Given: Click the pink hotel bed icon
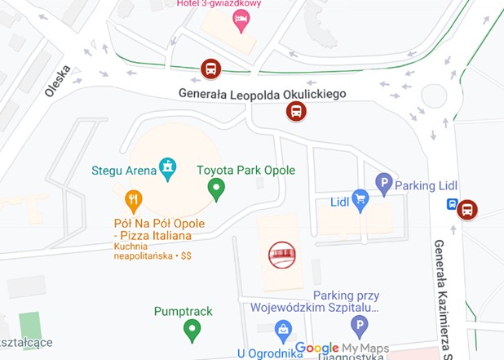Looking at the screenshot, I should point(241,20).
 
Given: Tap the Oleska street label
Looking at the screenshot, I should point(58,81).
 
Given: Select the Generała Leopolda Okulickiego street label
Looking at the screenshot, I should point(263,94).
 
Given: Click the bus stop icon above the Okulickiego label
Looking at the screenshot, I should point(210,69).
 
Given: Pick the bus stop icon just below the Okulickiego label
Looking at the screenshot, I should point(295,111).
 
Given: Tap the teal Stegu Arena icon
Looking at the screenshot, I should point(168,169).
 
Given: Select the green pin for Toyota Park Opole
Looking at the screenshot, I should point(216,190).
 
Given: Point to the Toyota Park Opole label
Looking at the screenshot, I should point(245,171).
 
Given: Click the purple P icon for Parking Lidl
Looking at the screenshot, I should point(382,184).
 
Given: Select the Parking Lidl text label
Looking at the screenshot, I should point(426,185).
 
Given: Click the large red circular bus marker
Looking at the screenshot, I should point(283,256).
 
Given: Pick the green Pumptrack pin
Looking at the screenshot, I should point(192,330).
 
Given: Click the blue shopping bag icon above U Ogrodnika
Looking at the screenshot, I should point(283,331).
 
